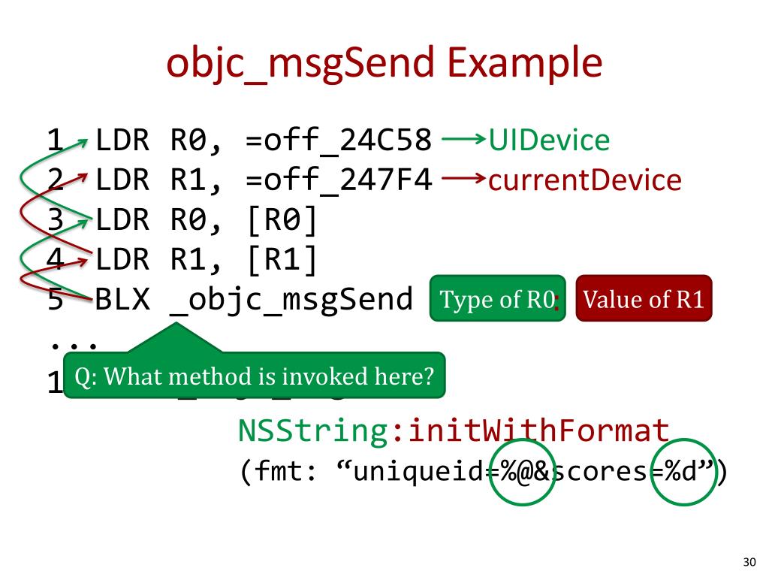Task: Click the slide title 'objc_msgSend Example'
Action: pyautogui.click(x=384, y=63)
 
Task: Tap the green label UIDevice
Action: pyautogui.click(x=549, y=140)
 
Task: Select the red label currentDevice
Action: pyautogui.click(x=585, y=181)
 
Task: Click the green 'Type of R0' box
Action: pyautogui.click(x=496, y=300)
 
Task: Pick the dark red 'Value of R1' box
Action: pyautogui.click(x=644, y=300)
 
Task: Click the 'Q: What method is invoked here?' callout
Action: pyautogui.click(x=255, y=376)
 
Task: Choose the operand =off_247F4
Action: pyautogui.click(x=339, y=181)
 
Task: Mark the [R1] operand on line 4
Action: pyautogui.click(x=281, y=261)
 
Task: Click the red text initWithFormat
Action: pyautogui.click(x=531, y=431)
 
